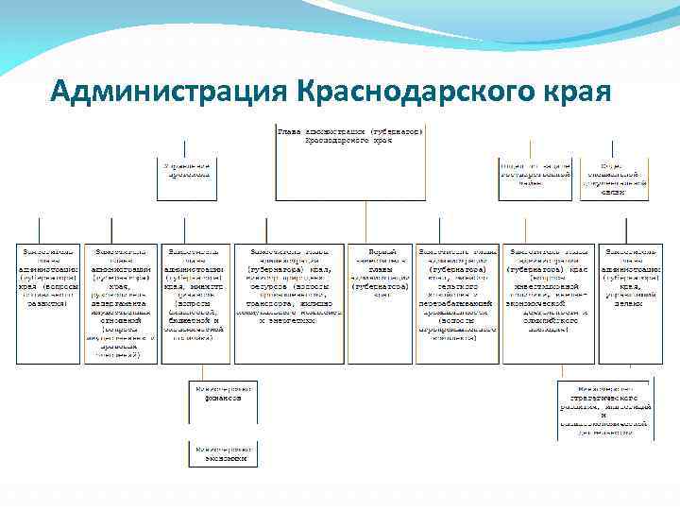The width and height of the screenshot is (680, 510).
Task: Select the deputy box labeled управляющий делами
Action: tap(631, 276)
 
